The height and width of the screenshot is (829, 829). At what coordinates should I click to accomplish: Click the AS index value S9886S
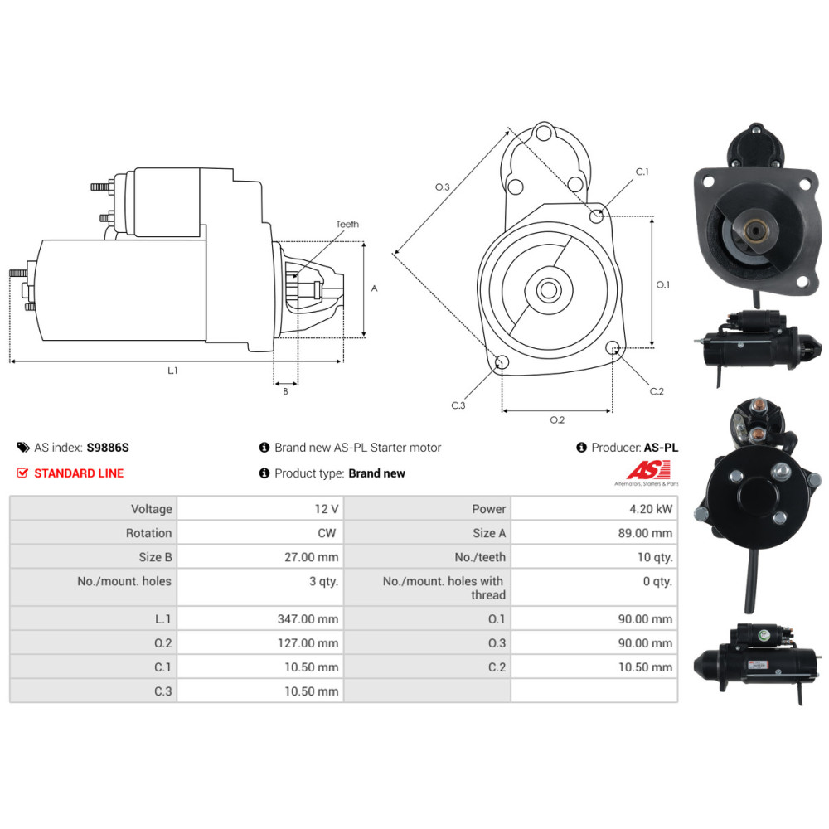(x=108, y=448)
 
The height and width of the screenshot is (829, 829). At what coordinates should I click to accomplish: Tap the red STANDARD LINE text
(x=79, y=473)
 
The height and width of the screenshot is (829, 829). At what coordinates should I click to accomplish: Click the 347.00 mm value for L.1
(x=308, y=618)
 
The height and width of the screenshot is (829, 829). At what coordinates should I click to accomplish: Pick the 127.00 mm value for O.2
(x=308, y=643)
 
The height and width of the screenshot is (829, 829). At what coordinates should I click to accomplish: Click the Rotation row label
(x=148, y=533)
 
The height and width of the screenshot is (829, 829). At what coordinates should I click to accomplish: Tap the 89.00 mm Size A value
(x=646, y=533)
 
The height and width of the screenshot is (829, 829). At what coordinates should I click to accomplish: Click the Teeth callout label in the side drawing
(x=347, y=224)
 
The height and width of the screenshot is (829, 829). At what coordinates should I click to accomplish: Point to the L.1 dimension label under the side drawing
(x=173, y=371)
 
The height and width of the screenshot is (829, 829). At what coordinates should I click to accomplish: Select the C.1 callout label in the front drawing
(x=642, y=172)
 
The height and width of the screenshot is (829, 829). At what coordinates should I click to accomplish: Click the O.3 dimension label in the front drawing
(x=443, y=187)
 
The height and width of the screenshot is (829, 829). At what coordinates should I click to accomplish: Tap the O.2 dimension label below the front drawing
(x=557, y=419)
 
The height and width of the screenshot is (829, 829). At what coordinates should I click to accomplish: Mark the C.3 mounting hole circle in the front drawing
(x=502, y=362)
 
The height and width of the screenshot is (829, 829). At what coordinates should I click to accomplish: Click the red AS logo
(x=648, y=469)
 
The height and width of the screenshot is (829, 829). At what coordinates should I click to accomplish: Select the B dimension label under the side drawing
(x=285, y=392)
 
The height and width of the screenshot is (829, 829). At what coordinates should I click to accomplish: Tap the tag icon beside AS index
(x=23, y=448)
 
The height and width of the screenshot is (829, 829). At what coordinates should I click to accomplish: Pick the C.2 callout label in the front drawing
(x=657, y=391)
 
